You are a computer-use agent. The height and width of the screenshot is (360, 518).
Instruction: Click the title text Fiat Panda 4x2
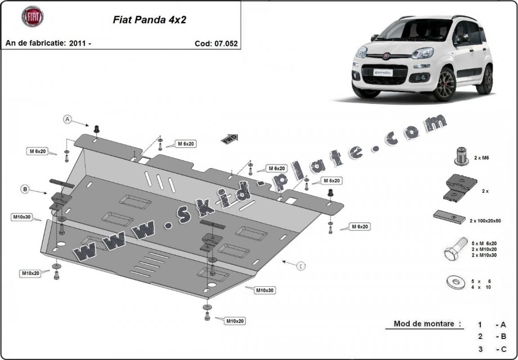coord(143,20)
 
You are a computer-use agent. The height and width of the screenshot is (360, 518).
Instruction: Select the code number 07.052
coord(226,44)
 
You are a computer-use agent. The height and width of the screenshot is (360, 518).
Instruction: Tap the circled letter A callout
coord(67,119)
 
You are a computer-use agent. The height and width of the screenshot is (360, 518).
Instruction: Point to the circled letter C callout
coord(301,266)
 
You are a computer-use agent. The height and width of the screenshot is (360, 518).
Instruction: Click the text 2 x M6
coord(482,159)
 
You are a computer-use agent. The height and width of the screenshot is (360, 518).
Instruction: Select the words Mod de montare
coord(424,324)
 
